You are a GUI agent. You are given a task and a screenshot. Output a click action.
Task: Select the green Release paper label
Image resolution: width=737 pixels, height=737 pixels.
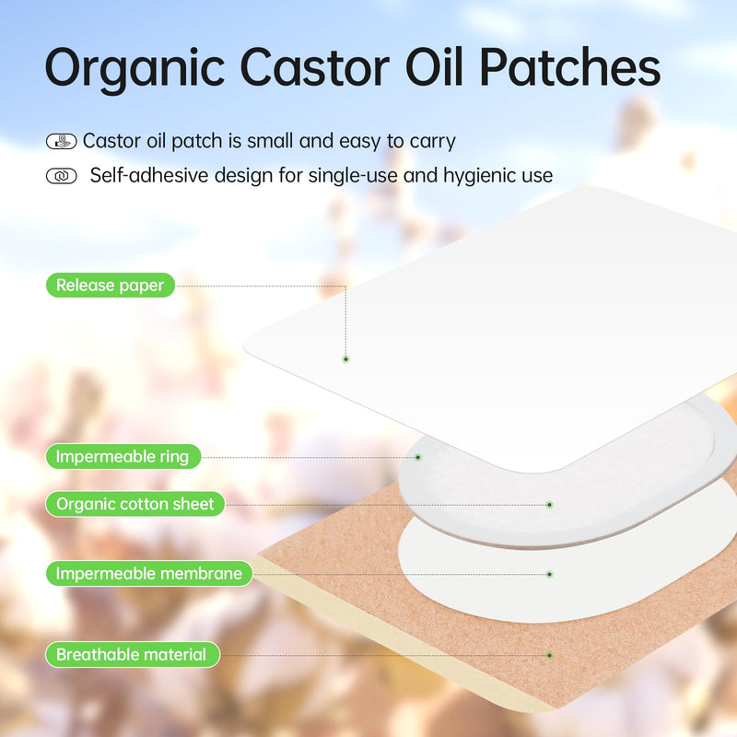click(x=110, y=286)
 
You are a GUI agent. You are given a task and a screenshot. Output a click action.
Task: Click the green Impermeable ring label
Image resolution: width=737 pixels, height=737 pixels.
click(x=122, y=456)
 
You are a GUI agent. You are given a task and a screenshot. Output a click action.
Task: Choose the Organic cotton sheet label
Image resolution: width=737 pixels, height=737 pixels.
click(x=135, y=504)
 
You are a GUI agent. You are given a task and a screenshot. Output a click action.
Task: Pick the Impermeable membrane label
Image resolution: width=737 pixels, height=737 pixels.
click(x=148, y=574)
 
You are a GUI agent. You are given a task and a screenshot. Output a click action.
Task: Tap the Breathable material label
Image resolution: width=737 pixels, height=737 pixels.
click(x=132, y=655)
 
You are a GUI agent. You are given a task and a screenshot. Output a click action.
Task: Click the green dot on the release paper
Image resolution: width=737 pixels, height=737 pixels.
click(x=345, y=358)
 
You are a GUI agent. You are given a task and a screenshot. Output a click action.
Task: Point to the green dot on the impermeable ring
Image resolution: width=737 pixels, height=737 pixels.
click(x=417, y=456)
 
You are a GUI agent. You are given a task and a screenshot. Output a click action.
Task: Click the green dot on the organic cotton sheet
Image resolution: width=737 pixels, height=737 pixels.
click(x=549, y=504)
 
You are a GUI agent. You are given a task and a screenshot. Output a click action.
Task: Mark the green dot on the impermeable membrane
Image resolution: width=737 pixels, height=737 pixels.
click(x=549, y=574)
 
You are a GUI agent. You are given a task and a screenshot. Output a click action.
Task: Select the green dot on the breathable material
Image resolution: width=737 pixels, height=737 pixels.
click(x=549, y=655)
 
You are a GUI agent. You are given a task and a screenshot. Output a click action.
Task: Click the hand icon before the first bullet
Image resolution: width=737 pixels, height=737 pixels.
click(x=61, y=142)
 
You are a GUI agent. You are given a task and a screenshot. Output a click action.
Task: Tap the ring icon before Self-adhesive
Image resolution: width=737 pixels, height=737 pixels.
click(x=61, y=176)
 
